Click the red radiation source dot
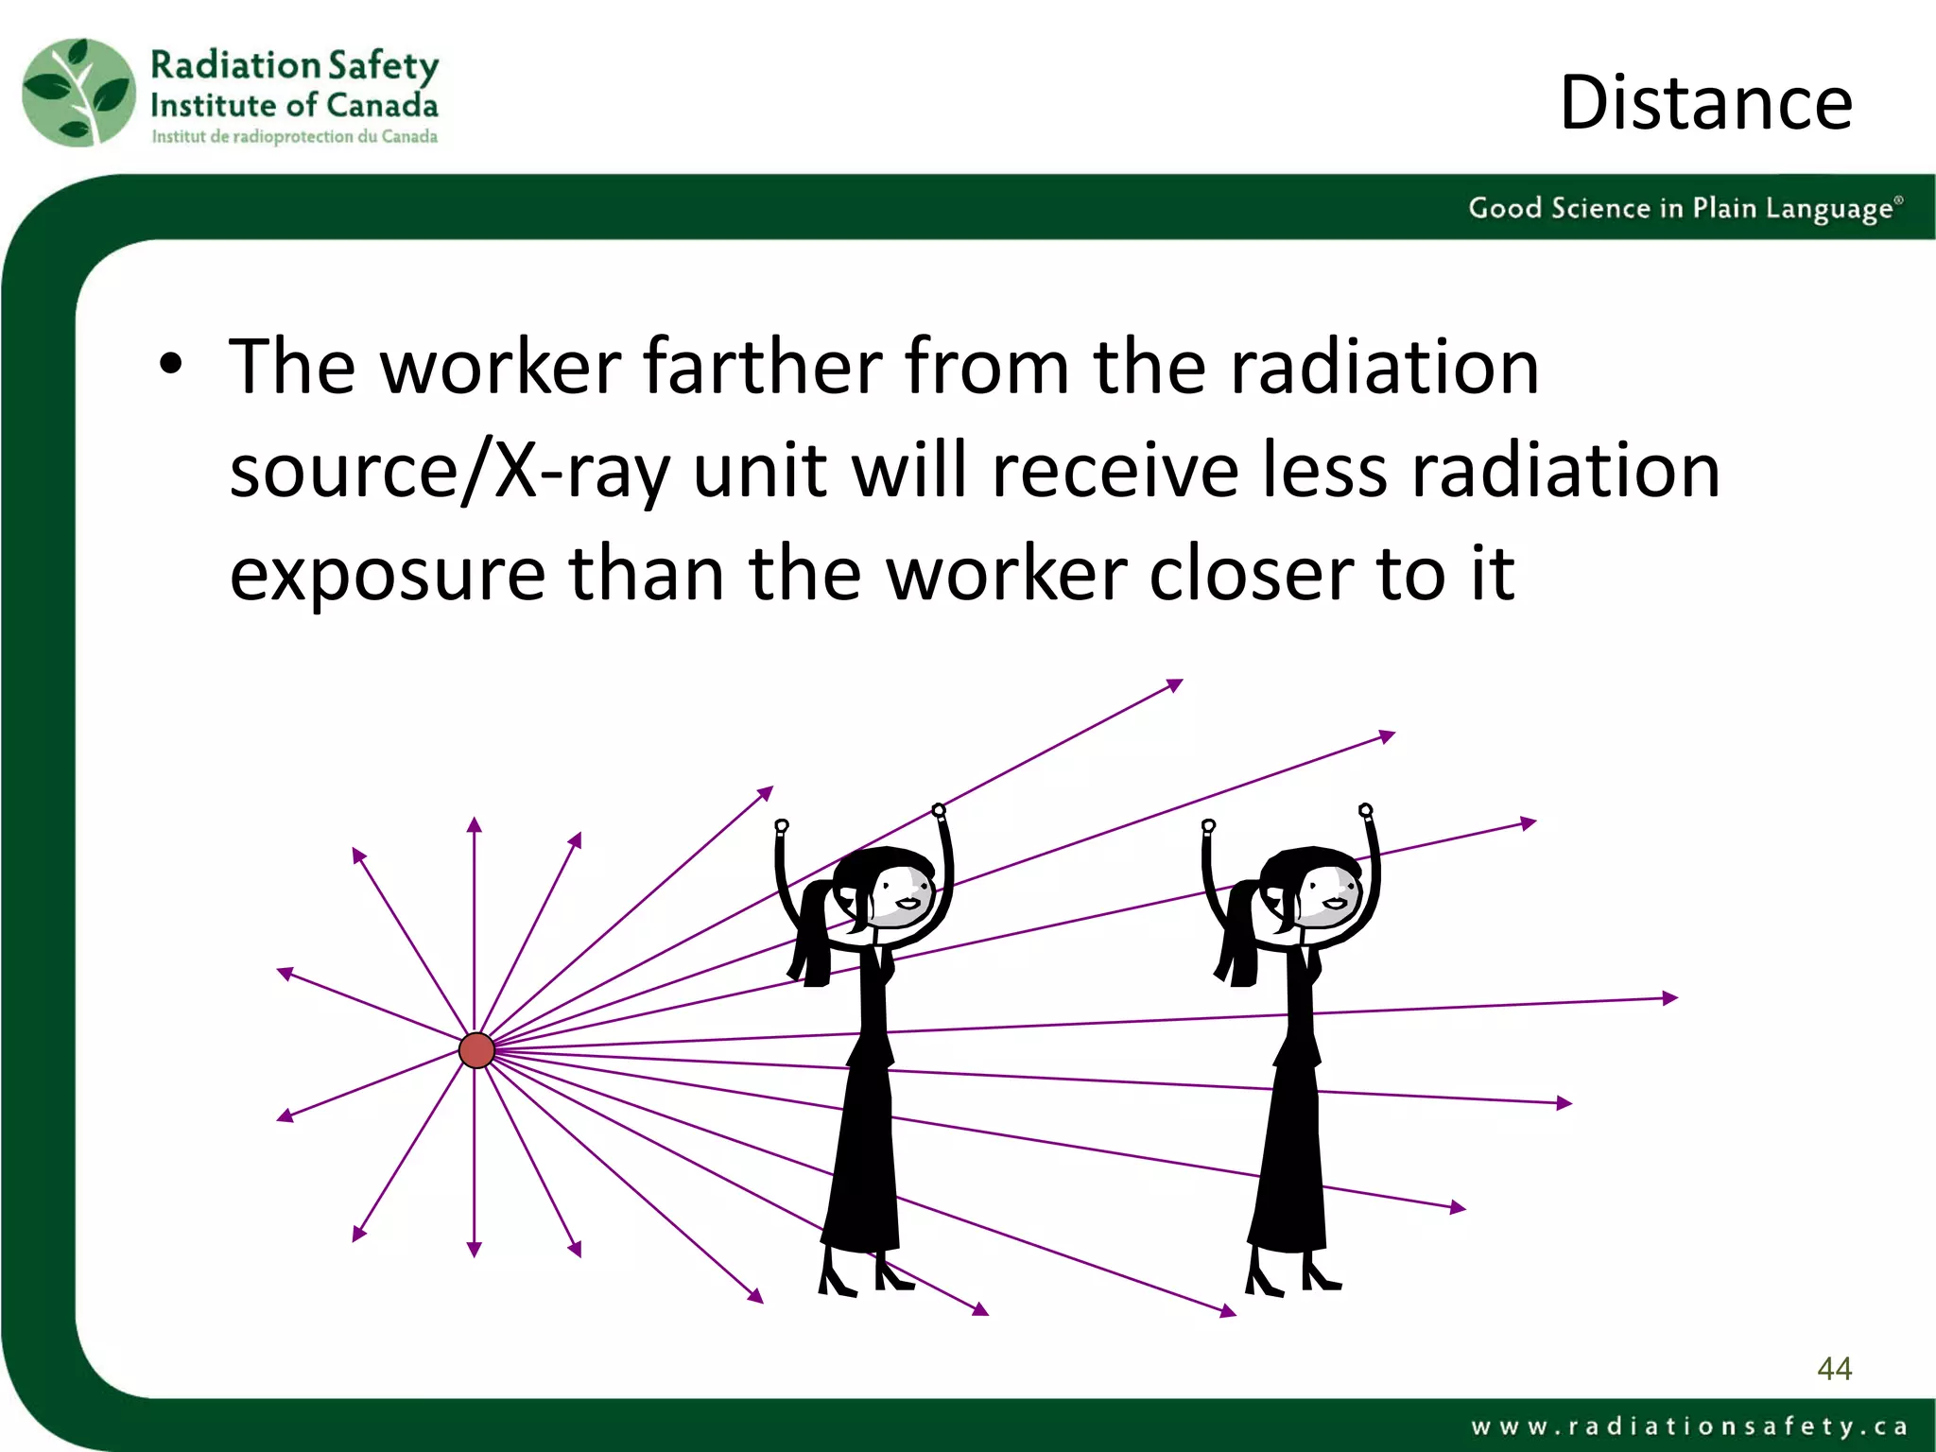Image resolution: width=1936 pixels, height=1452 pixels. [x=476, y=1050]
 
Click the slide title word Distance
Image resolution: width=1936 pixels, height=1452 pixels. [x=1705, y=103]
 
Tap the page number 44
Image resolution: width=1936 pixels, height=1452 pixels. [x=1834, y=1368]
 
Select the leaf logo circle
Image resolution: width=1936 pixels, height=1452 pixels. [x=79, y=93]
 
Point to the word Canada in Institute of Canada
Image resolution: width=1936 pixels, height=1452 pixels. [x=382, y=105]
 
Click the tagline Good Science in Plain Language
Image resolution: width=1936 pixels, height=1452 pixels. [x=1684, y=208]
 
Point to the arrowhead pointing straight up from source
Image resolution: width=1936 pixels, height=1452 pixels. [x=475, y=825]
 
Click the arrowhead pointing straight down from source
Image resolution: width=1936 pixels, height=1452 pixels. [x=475, y=1249]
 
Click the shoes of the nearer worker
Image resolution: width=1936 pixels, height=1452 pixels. [x=865, y=1281]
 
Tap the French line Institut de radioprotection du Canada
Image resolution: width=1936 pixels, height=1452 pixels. [x=294, y=137]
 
